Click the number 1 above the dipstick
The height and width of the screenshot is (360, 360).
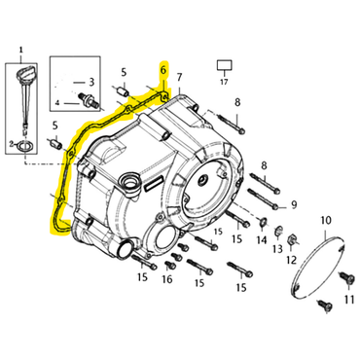pos(21,51)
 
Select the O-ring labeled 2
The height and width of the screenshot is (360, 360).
pos(24,146)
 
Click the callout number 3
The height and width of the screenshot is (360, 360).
pos(91,82)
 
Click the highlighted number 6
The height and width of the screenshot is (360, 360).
pos(163,69)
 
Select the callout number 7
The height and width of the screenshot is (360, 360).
pos(179,77)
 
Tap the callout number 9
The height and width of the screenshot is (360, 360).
pos(294,204)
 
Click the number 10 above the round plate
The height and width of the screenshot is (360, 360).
pos(326,221)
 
